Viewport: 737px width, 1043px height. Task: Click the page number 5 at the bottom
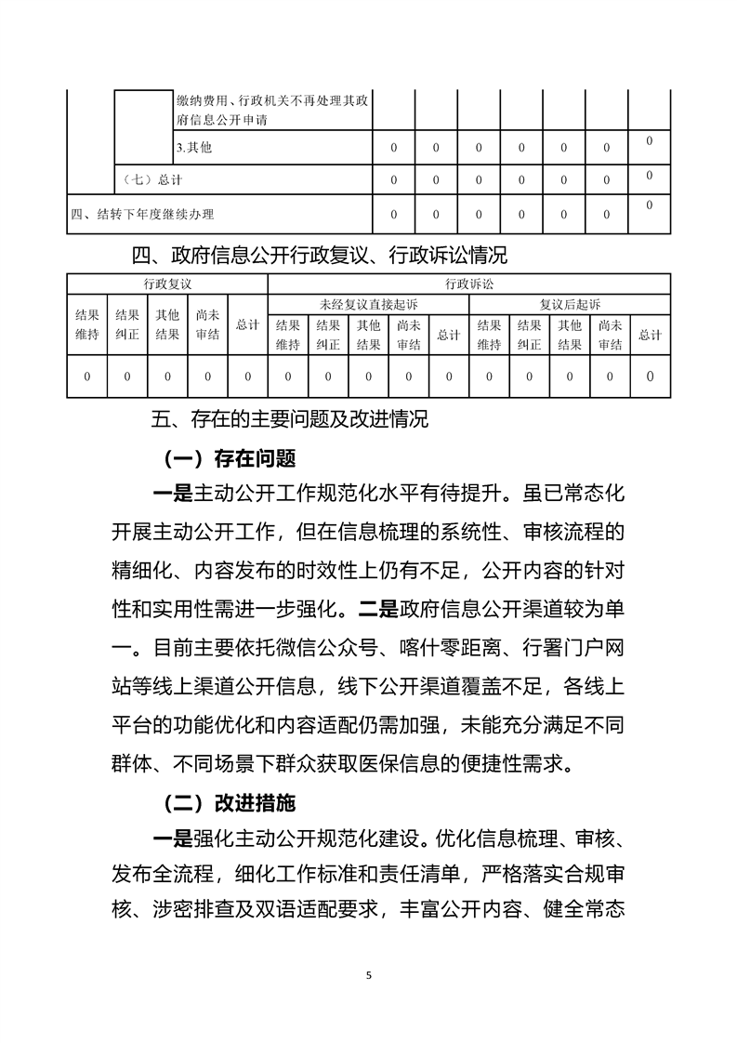tap(369, 975)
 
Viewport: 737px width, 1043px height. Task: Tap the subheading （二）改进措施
tap(229, 800)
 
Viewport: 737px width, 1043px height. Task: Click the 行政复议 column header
tap(167, 283)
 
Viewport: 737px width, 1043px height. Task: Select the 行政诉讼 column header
tap(468, 283)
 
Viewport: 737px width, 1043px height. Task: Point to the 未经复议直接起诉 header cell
tap(368, 304)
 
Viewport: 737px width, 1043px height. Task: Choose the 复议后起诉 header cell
tap(570, 304)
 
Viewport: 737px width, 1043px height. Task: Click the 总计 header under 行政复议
tap(247, 324)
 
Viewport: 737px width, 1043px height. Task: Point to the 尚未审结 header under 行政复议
tap(208, 324)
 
